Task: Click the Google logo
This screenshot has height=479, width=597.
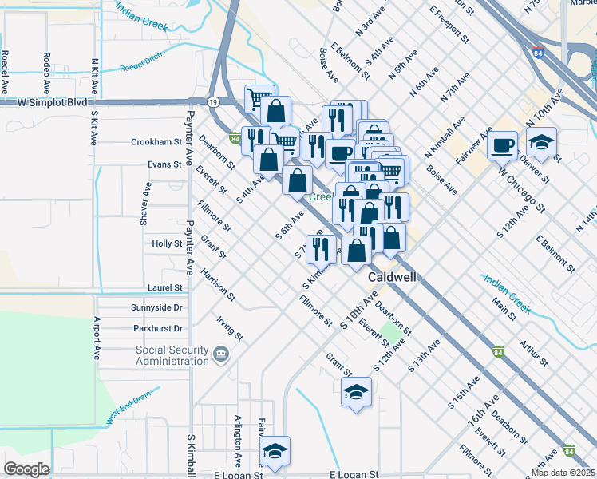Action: click(26, 469)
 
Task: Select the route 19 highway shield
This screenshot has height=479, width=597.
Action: click(213, 101)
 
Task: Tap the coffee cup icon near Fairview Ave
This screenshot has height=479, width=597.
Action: click(504, 144)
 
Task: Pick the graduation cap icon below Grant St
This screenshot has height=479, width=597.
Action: click(356, 392)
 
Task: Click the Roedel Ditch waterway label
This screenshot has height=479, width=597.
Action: click(140, 69)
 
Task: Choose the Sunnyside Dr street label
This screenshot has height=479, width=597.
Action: click(157, 307)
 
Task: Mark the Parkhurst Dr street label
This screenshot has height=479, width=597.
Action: click(158, 328)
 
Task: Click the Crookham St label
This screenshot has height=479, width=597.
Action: click(156, 142)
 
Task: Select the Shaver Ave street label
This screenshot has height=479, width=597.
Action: click(147, 204)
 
